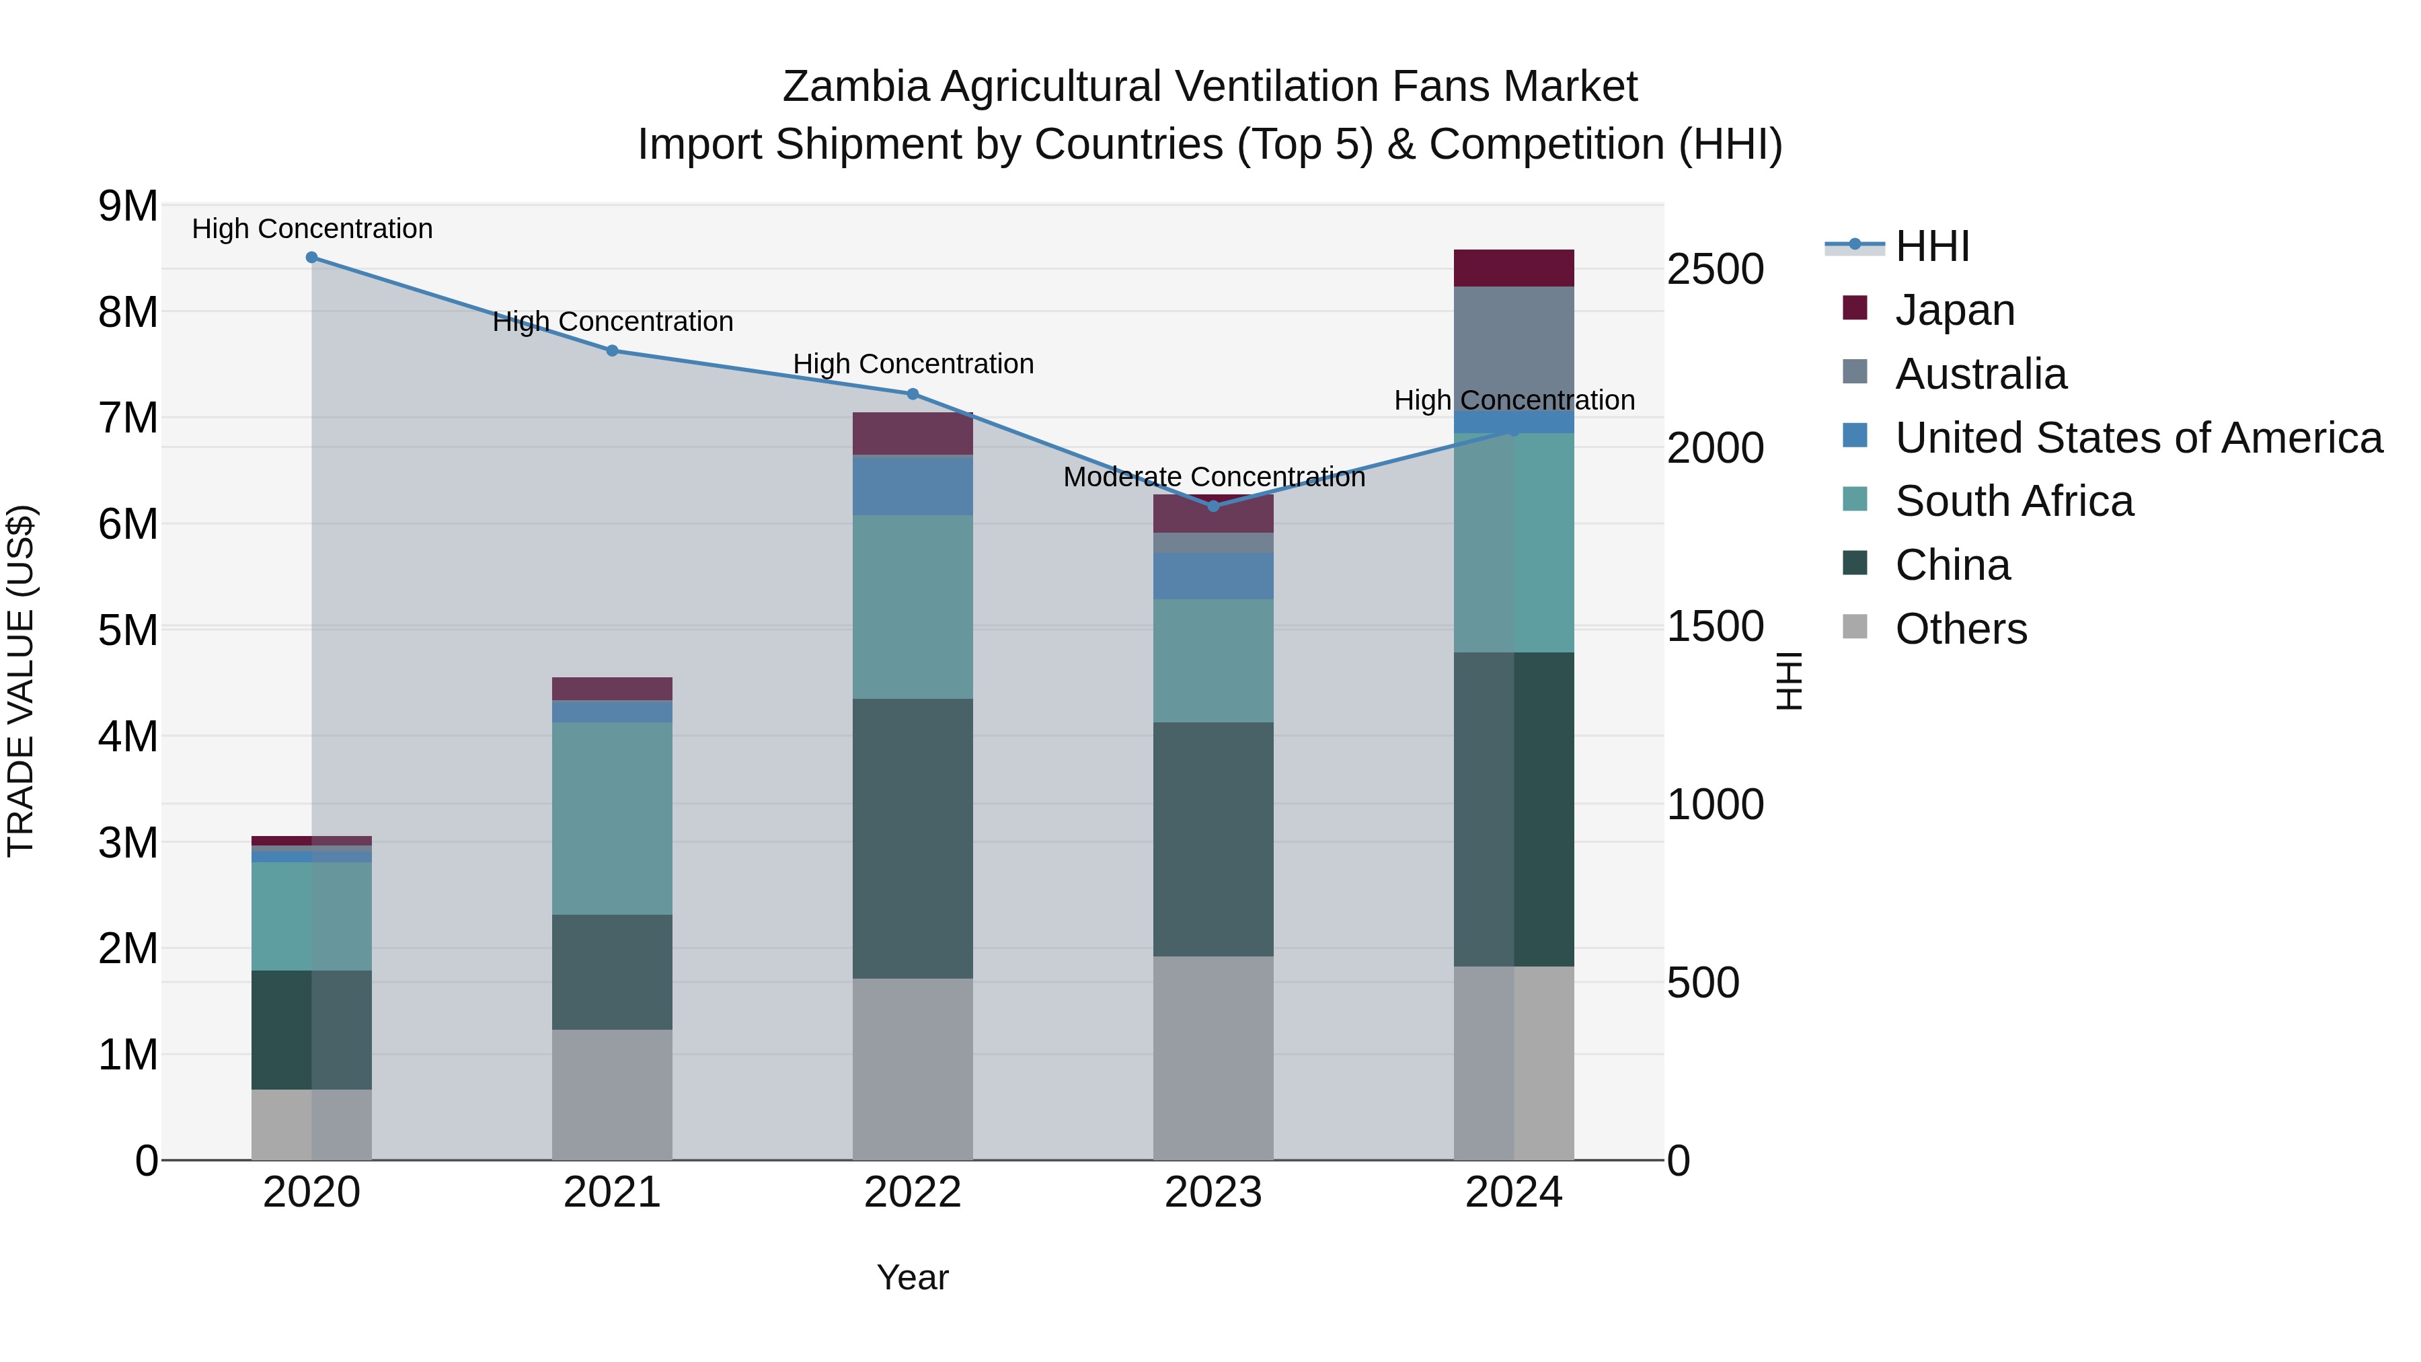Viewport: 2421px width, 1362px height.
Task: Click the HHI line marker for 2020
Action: [312, 258]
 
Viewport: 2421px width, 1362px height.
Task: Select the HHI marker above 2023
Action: [1213, 506]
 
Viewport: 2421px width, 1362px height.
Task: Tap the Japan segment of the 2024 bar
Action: [1513, 268]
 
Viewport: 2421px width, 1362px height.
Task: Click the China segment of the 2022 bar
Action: [912, 839]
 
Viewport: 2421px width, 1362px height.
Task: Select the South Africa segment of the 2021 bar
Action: [612, 818]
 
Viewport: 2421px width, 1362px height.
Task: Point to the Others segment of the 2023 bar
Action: [1213, 1057]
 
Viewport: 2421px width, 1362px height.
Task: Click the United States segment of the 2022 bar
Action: [912, 485]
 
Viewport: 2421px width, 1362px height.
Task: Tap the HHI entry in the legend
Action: [1931, 246]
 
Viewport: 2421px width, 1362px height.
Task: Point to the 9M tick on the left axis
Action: [128, 206]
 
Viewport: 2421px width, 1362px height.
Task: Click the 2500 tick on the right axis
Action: [1715, 270]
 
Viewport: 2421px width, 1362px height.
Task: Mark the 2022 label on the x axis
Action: [912, 1193]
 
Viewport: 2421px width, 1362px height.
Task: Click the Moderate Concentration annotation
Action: [1213, 477]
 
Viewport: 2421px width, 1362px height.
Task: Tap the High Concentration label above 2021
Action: [613, 321]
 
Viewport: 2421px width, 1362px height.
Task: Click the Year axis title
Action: [912, 1277]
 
